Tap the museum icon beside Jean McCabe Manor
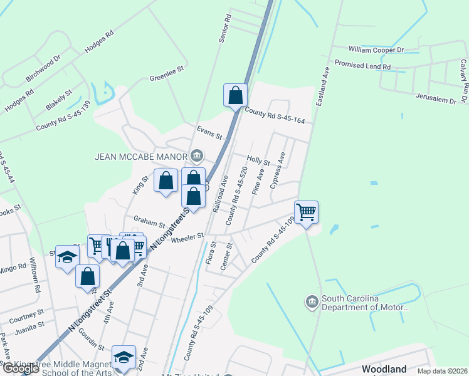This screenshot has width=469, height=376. (x=196, y=155)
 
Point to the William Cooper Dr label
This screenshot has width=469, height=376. (x=376, y=49)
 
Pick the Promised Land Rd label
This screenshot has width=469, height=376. (x=362, y=65)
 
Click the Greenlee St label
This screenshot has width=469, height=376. (x=166, y=78)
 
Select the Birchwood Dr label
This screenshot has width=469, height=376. (x=43, y=71)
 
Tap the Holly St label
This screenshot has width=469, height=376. (x=258, y=161)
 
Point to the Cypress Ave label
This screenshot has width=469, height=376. (x=278, y=170)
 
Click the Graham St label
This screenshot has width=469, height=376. (x=149, y=221)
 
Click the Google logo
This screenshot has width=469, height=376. (x=20, y=368)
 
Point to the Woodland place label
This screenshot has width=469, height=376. (x=384, y=369)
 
